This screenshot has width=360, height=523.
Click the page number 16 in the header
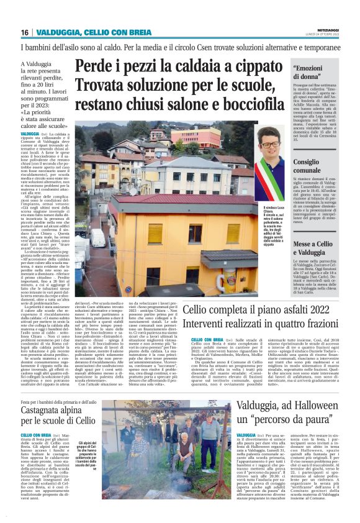(x=25, y=32)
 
